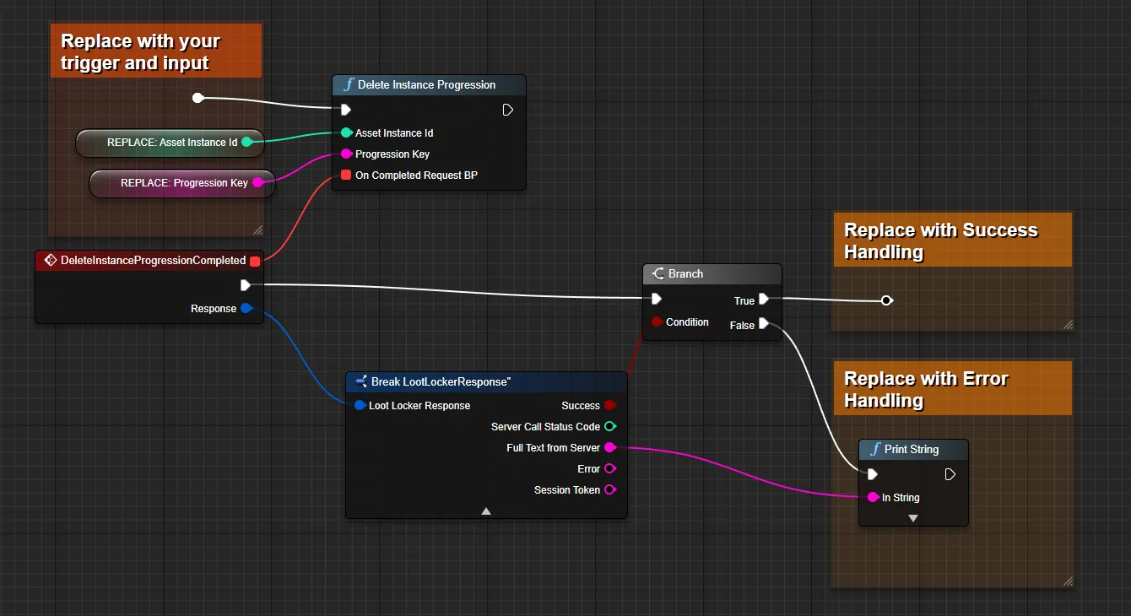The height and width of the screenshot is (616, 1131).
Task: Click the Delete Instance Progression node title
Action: click(426, 85)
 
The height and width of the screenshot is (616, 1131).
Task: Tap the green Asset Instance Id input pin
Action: click(346, 132)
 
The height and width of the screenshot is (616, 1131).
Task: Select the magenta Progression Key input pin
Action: click(346, 154)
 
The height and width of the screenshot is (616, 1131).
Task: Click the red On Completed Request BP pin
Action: click(346, 175)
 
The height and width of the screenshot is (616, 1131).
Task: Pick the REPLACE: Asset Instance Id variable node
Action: click(170, 143)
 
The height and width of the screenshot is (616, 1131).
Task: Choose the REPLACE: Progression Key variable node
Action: click(182, 183)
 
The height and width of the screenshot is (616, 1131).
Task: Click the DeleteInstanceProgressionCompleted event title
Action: click(153, 261)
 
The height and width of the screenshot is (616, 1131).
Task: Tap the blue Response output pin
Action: click(246, 308)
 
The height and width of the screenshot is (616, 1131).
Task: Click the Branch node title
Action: click(685, 273)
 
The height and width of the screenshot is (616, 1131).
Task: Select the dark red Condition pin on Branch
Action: click(657, 322)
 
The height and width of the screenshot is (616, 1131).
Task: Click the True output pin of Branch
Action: click(764, 300)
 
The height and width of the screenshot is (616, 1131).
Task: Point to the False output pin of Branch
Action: click(764, 324)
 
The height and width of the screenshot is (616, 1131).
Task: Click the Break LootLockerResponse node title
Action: click(441, 381)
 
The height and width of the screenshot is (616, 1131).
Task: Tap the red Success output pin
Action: click(610, 405)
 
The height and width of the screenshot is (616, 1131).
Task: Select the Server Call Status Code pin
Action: click(610, 426)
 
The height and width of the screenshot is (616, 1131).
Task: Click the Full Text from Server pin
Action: click(610, 447)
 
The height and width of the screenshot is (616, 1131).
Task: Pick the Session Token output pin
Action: click(610, 489)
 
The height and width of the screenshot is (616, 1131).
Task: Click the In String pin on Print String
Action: click(873, 497)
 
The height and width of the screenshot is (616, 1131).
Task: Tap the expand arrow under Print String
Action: click(913, 518)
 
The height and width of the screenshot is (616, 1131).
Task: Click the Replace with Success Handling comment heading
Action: click(940, 240)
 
